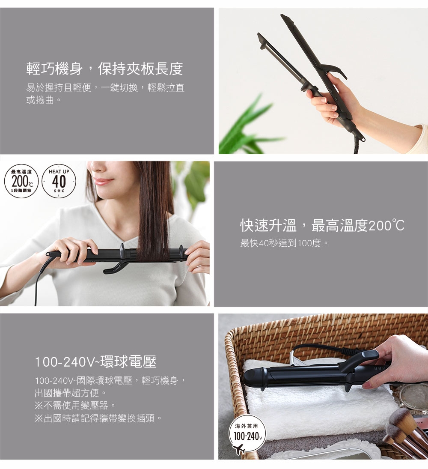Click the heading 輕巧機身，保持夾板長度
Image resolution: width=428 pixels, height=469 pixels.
click(x=104, y=69)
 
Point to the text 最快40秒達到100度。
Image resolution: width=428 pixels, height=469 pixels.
click(x=285, y=244)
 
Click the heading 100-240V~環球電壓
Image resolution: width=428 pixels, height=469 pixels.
click(x=95, y=362)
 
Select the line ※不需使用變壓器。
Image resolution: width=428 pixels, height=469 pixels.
click(x=75, y=405)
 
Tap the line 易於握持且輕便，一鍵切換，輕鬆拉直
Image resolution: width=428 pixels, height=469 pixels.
click(x=105, y=88)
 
